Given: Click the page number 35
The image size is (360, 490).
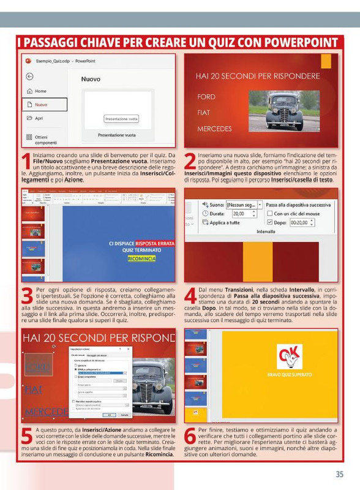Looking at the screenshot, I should pyautogui.click(x=339, y=473).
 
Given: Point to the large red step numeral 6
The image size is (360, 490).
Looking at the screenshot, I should pyautogui.click(x=190, y=442).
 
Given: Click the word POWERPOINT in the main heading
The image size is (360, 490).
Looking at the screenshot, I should pyautogui.click(x=295, y=43).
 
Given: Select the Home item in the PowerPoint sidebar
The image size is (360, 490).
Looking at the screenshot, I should pyautogui.click(x=40, y=91).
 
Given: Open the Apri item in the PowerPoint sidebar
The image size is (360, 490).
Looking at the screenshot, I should pyautogui.click(x=39, y=118).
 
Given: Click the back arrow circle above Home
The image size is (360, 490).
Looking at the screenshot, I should pyautogui.click(x=29, y=77).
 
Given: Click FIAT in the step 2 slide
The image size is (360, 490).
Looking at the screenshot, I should pyautogui.click(x=204, y=113).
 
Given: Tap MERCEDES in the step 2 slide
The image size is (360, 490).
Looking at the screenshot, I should pyautogui.click(x=214, y=129).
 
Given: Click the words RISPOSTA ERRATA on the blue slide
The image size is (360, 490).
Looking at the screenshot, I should pyautogui.click(x=155, y=243).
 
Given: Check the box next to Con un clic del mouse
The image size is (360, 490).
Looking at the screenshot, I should pyautogui.click(x=270, y=213).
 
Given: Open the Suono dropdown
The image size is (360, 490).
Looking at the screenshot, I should pyautogui.click(x=260, y=204).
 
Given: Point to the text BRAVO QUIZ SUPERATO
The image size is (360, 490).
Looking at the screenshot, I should pyautogui.click(x=290, y=375).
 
